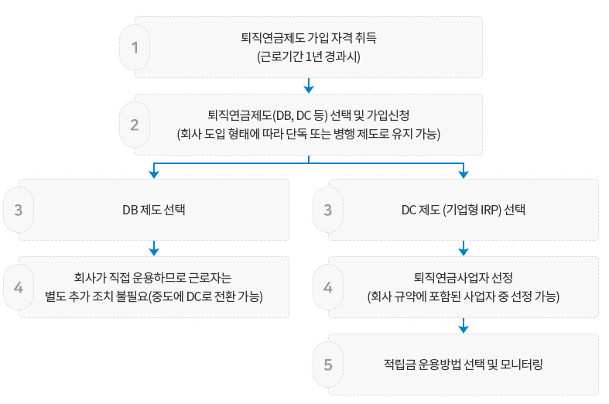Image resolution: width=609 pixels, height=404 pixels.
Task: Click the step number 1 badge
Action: (135, 47)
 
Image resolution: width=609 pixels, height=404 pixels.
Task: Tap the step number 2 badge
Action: (135, 125)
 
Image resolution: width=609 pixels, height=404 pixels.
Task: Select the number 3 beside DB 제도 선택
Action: (19, 209)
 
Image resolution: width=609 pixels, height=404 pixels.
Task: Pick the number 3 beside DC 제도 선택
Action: (328, 209)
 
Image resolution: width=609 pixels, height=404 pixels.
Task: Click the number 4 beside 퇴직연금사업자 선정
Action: (328, 286)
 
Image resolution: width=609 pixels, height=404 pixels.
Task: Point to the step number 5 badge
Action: (328, 364)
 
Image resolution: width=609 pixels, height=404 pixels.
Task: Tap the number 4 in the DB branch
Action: (19, 286)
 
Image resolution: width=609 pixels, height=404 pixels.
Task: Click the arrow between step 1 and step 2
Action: (309, 85)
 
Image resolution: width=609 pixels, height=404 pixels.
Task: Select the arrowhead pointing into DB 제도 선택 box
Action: (154, 170)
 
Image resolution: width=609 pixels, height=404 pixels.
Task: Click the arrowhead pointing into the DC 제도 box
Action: (464, 170)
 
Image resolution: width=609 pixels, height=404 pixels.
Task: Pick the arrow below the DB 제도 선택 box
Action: (154, 248)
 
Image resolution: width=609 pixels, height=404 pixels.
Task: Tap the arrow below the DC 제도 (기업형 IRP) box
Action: (464, 248)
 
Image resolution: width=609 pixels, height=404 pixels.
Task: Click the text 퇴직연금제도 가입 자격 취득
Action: (309, 37)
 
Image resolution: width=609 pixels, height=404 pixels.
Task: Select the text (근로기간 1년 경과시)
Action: (309, 57)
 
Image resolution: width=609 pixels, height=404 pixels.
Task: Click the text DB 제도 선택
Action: (153, 210)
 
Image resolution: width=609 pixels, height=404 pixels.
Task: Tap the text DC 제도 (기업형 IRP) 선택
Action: (463, 210)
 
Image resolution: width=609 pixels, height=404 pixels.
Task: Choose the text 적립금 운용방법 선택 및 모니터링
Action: (463, 365)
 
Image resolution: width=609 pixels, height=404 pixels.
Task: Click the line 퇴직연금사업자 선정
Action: (463, 277)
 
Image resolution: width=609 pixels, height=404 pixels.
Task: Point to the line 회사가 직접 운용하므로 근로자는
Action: (153, 277)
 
